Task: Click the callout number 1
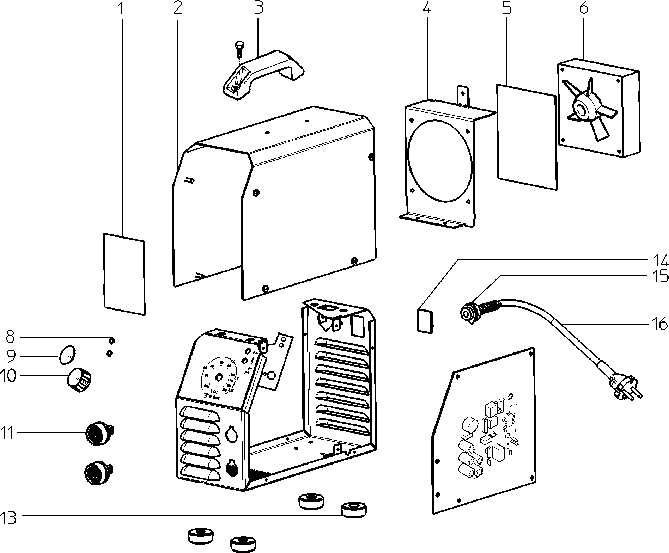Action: [x=121, y=8]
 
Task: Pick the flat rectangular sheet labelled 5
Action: [x=527, y=137]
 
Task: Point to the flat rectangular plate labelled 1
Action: [x=124, y=273]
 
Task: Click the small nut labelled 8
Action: [x=111, y=340]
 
